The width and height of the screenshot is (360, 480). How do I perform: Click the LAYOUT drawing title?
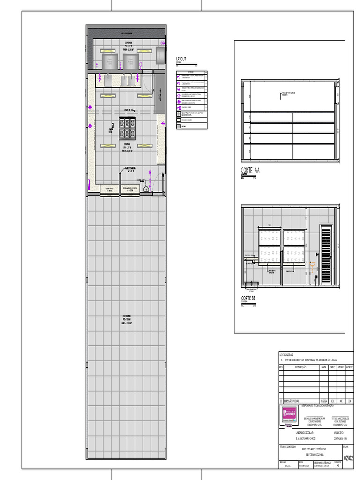point(181,59)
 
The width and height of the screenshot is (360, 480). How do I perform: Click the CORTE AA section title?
point(250,171)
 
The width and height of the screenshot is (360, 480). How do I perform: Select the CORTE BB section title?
point(249,298)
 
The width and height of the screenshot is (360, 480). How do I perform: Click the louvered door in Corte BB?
point(326,255)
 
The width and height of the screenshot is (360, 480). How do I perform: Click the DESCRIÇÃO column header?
point(300,367)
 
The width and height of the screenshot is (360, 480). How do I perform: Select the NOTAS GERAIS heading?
point(286,355)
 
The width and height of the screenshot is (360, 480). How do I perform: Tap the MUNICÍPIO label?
point(338,432)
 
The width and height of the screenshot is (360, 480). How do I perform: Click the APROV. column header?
point(349,367)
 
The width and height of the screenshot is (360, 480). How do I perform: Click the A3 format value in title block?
point(338,466)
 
